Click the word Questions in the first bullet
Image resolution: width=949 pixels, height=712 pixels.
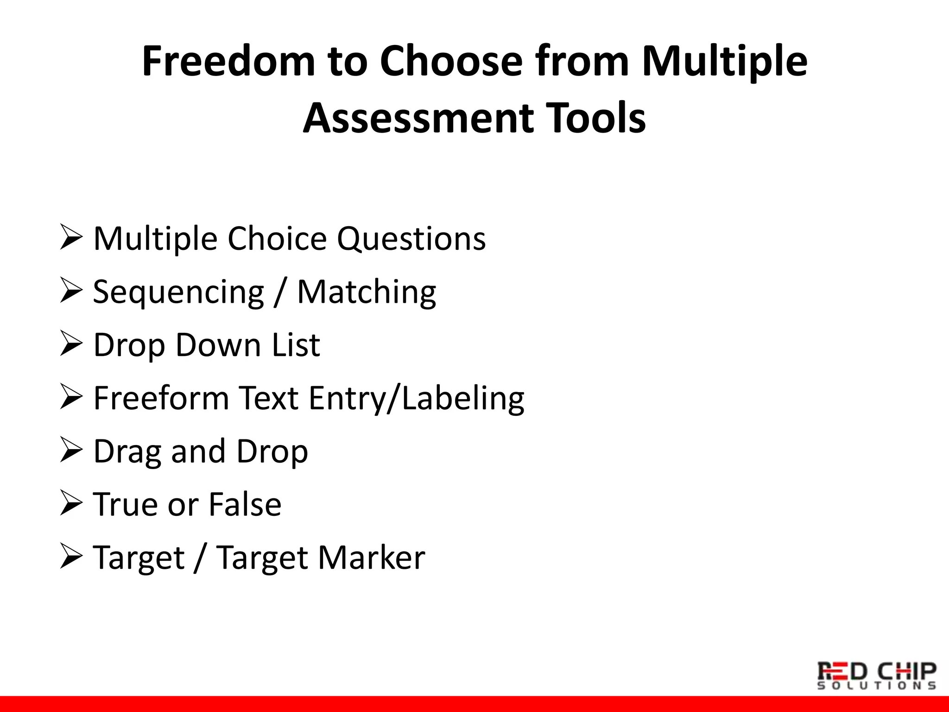coord(411,239)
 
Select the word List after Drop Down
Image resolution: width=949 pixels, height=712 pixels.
coord(296,345)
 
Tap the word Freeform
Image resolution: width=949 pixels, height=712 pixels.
coord(161,398)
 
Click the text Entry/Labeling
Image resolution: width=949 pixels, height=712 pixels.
coord(416,399)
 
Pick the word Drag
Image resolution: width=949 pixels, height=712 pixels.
coord(127,452)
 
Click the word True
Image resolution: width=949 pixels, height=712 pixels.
coord(126,504)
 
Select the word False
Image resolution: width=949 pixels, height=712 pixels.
coord(245,504)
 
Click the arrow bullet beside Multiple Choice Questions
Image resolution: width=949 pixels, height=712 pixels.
coord(71,237)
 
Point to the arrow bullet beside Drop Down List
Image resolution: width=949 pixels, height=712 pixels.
coord(71,344)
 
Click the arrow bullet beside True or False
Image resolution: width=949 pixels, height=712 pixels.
coord(71,503)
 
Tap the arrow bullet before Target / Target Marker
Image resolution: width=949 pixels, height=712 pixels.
coord(71,557)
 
